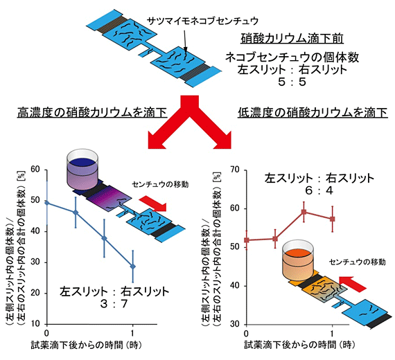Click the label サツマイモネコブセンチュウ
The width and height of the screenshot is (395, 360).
[202, 21]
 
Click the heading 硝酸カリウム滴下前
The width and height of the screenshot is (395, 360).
[292, 38]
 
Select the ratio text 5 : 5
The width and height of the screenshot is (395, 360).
[292, 82]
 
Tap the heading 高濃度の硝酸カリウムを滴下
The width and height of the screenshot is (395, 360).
[92, 112]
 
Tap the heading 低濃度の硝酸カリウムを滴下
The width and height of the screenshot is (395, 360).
[313, 112]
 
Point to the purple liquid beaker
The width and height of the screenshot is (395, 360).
[82, 169]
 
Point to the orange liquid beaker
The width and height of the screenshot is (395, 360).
[298, 261]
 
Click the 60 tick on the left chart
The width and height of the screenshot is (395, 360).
[35, 170]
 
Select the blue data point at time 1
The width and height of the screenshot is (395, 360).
[133, 267]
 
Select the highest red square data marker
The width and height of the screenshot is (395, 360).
[304, 212]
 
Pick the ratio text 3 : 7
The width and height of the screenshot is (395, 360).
[114, 304]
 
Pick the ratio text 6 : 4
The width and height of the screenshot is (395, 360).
[319, 190]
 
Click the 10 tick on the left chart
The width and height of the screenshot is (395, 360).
[35, 324]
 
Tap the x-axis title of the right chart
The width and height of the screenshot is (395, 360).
[299, 345]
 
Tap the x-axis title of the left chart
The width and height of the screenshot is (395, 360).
[87, 345]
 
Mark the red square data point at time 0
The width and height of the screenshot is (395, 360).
[247, 240]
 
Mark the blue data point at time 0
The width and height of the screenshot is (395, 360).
[47, 203]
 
